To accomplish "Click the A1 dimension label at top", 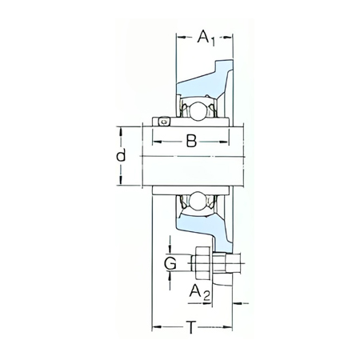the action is pos(206,38).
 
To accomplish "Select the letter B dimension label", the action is pos(191,141).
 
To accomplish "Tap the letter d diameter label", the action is pos(121,156).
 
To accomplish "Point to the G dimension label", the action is pos(170,263).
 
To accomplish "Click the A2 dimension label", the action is pos(200,292).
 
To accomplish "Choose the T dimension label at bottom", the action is pos(191,327).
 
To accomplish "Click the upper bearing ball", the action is pos(197,111).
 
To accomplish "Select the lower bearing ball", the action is pos(197,200).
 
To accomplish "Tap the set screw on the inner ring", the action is pos(164,122).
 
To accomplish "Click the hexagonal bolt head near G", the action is pos(202,262).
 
